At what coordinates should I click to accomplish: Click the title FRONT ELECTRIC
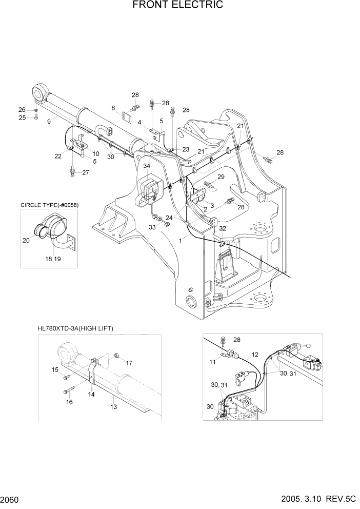(177, 6)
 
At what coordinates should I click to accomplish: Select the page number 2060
(11, 499)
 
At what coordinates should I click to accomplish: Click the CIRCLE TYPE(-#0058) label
(50, 205)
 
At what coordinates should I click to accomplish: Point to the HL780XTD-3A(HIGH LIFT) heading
(75, 328)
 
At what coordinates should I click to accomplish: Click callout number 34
(147, 166)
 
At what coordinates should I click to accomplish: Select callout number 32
(222, 228)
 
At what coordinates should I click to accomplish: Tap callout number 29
(221, 177)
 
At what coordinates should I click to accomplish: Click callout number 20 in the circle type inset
(26, 240)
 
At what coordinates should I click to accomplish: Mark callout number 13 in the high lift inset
(114, 407)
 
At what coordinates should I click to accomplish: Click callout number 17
(129, 363)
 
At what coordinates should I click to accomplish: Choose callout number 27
(85, 172)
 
